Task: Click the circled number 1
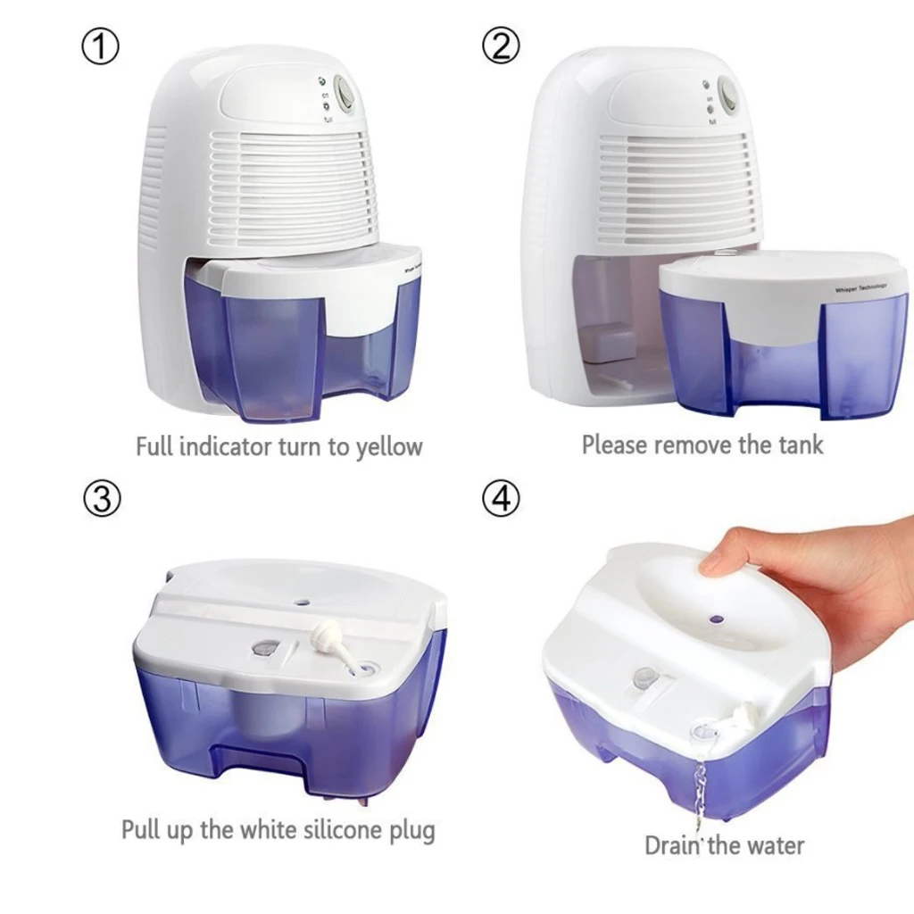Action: pos(100,46)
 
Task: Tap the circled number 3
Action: pos(101,499)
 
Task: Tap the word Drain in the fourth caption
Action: pos(673,844)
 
